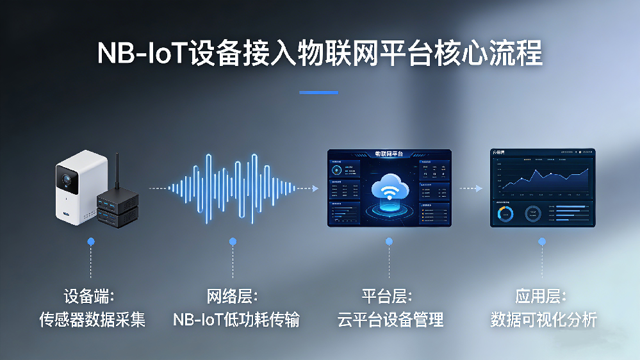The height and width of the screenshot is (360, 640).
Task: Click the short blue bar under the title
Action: tap(318, 92)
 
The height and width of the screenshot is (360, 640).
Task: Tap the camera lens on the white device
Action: tap(65, 178)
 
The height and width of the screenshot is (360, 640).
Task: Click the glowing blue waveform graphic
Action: tap(233, 188)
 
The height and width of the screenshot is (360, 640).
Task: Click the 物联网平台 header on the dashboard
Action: tap(390, 154)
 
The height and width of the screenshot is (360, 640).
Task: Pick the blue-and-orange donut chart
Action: tap(505, 214)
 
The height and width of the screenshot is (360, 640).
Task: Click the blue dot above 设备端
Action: tap(91, 241)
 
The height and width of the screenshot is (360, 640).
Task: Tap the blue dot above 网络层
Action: tap(233, 241)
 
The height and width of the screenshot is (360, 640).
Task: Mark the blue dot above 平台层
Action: tap(389, 241)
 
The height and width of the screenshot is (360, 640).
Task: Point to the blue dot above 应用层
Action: tap(542, 241)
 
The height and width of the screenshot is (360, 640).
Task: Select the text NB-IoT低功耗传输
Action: tap(235, 318)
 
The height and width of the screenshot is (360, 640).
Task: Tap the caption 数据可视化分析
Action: tap(543, 318)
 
